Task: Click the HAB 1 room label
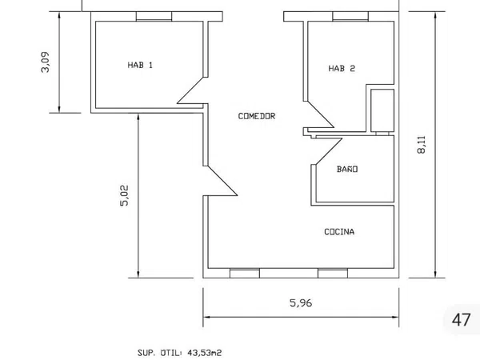point(140,65)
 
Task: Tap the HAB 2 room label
point(342,68)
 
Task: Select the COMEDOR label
point(257,116)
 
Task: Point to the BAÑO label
point(347,169)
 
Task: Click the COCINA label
point(339,232)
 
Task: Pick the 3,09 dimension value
point(45,62)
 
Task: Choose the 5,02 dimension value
point(124,196)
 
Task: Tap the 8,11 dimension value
point(422,145)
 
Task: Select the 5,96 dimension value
point(301,303)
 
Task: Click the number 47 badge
point(461,320)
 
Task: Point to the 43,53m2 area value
point(205,353)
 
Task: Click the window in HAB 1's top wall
point(154,17)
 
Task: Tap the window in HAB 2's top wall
point(350,17)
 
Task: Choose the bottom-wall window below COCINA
point(333,274)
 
